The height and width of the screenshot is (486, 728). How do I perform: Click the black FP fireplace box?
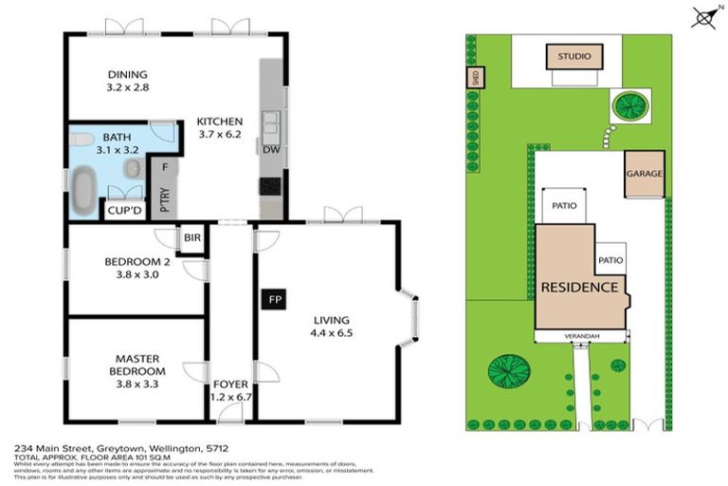pos(275,301)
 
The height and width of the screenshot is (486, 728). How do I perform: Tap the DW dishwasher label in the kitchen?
pos(269,150)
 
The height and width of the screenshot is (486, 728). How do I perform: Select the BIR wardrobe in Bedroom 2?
pos(192,237)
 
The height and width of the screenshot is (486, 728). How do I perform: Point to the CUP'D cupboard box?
pos(124,211)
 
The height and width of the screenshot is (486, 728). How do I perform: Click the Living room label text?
pos(331,320)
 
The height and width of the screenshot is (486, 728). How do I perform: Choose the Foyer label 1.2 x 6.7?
pos(230,390)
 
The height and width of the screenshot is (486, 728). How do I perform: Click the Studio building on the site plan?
pos(573,57)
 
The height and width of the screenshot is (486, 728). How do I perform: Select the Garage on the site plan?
pos(644,175)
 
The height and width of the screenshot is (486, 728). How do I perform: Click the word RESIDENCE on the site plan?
pos(579,287)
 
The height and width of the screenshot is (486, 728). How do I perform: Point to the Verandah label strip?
pos(581,335)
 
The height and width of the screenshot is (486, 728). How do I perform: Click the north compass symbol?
pos(703,16)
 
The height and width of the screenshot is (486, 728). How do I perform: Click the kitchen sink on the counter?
pos(271,122)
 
